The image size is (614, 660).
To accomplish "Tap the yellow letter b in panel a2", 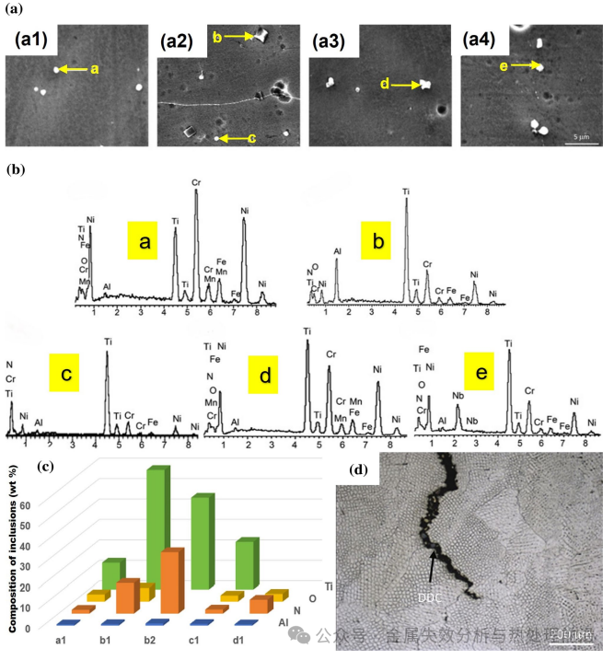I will coord(217,36).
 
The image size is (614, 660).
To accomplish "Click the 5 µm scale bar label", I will coord(580,136).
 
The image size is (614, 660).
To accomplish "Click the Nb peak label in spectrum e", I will coord(458,395).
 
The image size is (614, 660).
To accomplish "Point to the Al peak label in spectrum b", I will coord(337,251).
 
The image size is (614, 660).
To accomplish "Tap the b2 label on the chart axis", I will coord(151,640).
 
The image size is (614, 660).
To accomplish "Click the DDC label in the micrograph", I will coord(432,596).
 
